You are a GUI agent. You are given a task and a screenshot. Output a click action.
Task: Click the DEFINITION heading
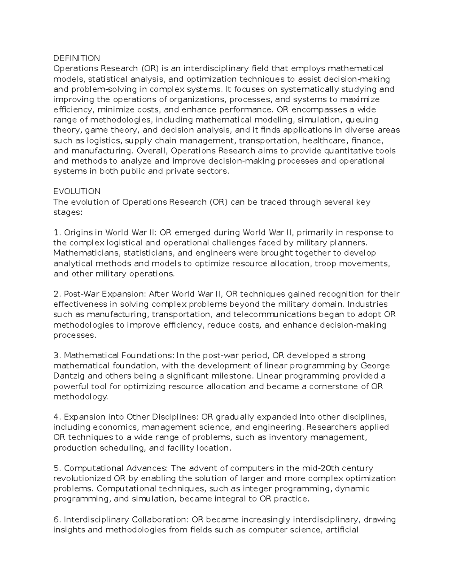(76, 58)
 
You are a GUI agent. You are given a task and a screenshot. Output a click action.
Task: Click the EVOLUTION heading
(77, 191)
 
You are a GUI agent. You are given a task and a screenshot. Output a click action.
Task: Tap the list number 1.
(56, 232)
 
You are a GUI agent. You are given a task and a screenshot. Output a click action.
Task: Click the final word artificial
(342, 530)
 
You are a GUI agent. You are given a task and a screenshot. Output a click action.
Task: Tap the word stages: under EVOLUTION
(67, 212)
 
